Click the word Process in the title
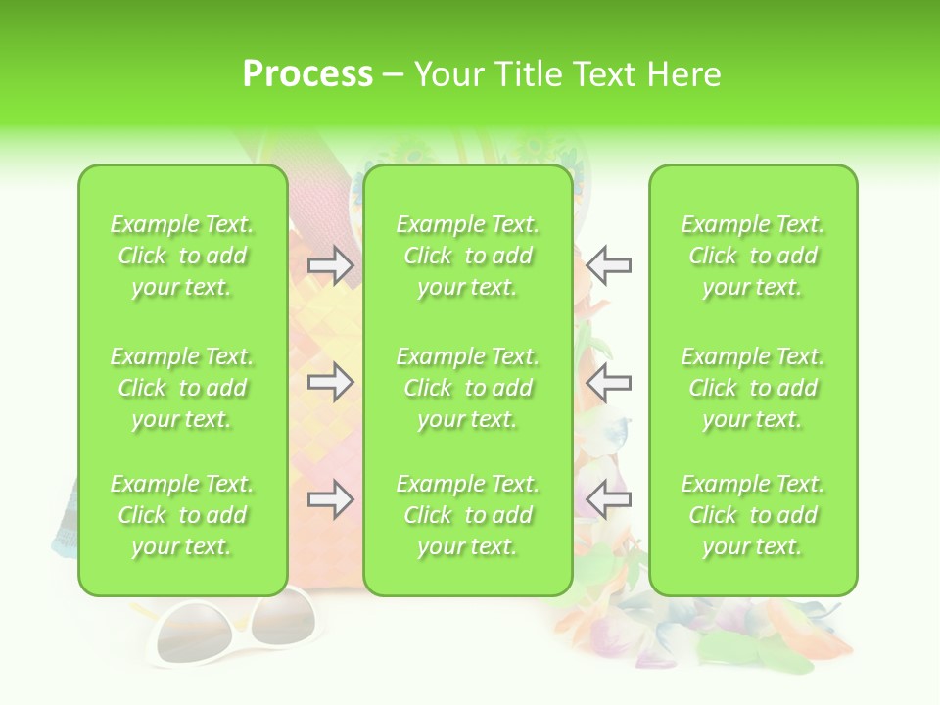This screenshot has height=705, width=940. tap(307, 74)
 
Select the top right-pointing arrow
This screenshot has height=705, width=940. tap(330, 265)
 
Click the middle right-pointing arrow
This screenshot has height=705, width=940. tap(330, 382)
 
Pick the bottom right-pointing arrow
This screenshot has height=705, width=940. tap(330, 499)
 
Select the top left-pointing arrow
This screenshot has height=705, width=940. tap(609, 265)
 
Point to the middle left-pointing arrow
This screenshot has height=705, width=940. tap(609, 382)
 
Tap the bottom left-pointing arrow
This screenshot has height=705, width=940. tap(609, 499)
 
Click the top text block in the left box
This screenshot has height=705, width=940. tap(182, 256)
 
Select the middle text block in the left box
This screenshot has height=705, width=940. tap(182, 388)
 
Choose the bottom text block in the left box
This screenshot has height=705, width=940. tap(182, 515)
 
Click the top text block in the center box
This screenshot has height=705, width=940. tap(467, 256)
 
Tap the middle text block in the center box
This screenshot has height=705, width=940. tap(467, 388)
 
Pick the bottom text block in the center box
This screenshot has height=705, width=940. tap(467, 515)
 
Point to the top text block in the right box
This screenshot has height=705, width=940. tap(752, 256)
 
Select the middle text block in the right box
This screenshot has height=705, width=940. tap(752, 388)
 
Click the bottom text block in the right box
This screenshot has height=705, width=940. tap(752, 515)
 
